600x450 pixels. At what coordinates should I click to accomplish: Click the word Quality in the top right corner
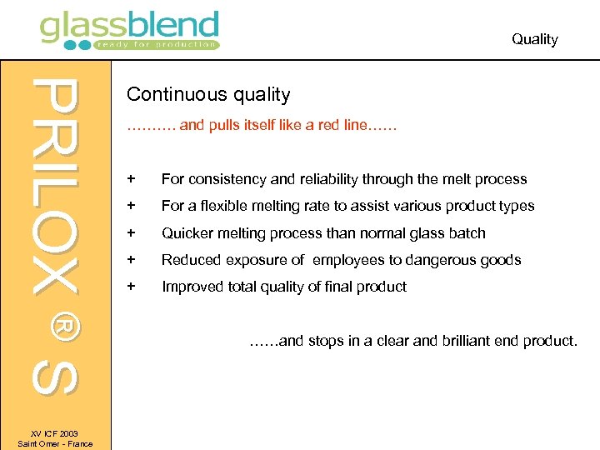click(534, 39)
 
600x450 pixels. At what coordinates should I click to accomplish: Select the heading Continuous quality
click(208, 95)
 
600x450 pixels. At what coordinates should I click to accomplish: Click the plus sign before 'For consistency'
click(131, 179)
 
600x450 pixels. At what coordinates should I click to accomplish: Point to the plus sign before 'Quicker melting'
click(131, 233)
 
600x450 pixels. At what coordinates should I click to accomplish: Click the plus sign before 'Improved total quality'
click(131, 287)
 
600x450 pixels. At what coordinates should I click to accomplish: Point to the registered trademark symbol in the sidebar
click(57, 327)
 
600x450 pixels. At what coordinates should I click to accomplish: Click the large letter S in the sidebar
click(56, 377)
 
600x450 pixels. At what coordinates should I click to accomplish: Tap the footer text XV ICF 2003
click(55, 433)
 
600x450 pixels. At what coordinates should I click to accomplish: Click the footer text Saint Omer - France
click(55, 443)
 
